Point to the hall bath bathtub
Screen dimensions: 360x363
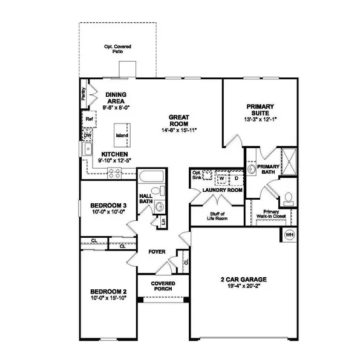point(149,178)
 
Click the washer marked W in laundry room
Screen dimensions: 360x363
point(221,179)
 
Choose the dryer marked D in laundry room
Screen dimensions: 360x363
point(236,179)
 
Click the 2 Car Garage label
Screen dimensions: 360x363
point(243,280)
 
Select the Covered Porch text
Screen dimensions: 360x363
point(162,286)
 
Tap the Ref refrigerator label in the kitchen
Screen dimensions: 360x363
point(89,119)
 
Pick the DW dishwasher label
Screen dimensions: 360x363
point(87,136)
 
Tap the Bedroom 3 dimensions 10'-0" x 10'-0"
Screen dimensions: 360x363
point(108,212)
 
